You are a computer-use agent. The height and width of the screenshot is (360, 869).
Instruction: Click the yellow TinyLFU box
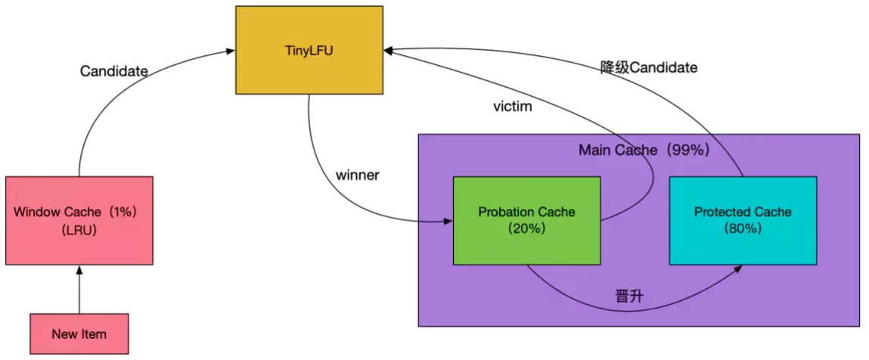[x=309, y=51]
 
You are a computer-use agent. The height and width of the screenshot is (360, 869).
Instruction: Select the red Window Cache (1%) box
[x=79, y=220]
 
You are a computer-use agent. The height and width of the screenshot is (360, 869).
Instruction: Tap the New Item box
[x=79, y=334]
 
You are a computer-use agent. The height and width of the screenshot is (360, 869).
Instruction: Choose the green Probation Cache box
[x=526, y=220]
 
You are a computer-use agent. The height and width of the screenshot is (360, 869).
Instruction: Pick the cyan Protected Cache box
[x=743, y=220]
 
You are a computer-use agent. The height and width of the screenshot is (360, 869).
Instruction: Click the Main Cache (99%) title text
[x=644, y=150]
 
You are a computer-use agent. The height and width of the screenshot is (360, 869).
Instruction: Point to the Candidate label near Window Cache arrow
[x=113, y=71]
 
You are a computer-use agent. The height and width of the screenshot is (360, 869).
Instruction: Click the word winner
[x=357, y=175]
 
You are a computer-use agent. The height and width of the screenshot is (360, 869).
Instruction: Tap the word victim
[x=512, y=107]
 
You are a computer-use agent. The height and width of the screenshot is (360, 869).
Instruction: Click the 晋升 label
[x=628, y=296]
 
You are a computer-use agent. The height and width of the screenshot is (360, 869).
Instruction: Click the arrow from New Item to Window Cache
[x=79, y=290]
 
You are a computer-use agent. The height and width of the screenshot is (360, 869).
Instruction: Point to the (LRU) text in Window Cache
[x=79, y=231]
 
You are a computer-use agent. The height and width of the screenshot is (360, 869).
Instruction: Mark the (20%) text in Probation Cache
[x=526, y=228]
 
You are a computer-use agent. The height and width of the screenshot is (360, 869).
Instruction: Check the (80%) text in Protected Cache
[x=743, y=228]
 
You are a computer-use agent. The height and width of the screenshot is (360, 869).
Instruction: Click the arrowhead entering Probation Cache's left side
[x=448, y=222]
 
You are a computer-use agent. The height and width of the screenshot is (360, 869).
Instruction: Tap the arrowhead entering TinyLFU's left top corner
[x=229, y=51]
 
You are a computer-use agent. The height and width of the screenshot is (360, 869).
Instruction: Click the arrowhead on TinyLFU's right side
[x=388, y=51]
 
